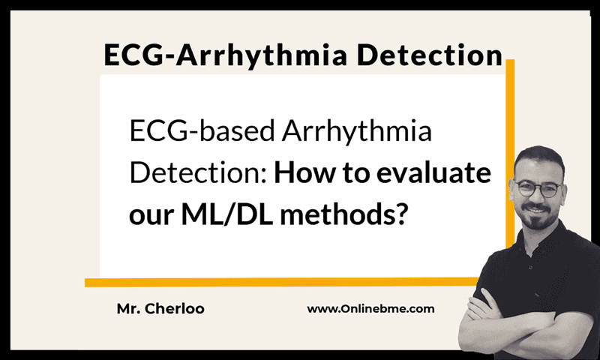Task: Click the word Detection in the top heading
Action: coord(430,55)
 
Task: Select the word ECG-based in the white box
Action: coord(202,130)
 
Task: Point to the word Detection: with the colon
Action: coord(198,173)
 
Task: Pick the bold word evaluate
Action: coord(434,173)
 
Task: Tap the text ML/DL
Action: coord(227,214)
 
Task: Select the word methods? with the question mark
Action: coord(344,214)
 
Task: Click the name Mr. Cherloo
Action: coord(160,309)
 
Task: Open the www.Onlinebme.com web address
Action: coord(370,309)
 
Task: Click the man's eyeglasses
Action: coord(538,189)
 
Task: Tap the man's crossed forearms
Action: coord(509,329)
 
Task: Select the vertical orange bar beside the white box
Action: coord(510,153)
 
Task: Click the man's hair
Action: coord(539,157)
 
